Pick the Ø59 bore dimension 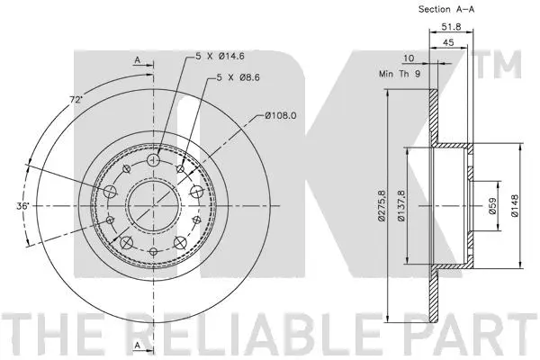[x=492, y=206]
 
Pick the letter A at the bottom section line [x=137, y=344]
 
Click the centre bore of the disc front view [x=153, y=199]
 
